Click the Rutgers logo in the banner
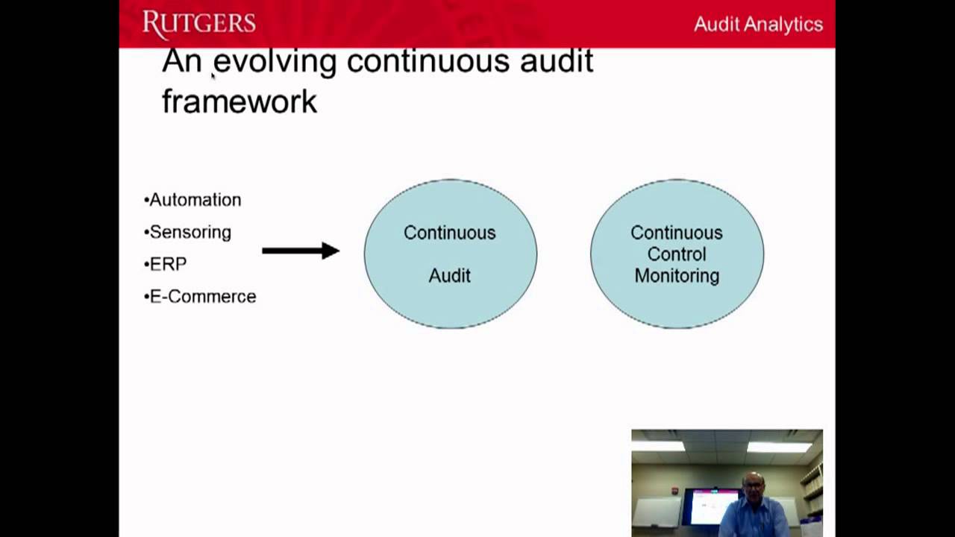coord(198,24)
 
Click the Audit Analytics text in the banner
coord(758,24)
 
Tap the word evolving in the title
coord(275,61)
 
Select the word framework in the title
coord(239,101)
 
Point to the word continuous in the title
coord(428,61)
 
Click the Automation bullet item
coord(194,200)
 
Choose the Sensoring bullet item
coord(190,232)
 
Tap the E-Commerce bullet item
coord(201,296)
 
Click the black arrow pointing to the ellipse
coord(300,251)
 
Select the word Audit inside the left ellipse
coord(449,276)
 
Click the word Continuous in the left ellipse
coord(449,233)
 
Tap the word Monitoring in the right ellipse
coord(677,276)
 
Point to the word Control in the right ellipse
coord(677,254)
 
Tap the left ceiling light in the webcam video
coord(658,446)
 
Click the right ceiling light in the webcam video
coord(779,447)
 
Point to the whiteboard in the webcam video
coord(656,512)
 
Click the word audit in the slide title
coord(556,61)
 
